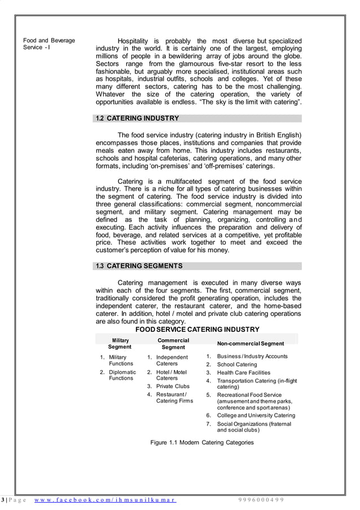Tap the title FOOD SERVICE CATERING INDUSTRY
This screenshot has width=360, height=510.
pos(197,329)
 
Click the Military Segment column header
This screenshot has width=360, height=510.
pos(120,344)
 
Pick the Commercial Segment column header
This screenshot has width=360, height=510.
pos(173,344)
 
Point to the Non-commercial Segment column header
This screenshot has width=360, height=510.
pos(251,343)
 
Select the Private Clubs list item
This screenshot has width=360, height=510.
pos(173,386)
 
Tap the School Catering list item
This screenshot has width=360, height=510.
pos(236,364)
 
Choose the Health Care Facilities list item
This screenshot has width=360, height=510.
pos(243,372)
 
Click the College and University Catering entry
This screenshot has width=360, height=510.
pos(256,415)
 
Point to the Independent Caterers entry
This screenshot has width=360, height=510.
pos(172,360)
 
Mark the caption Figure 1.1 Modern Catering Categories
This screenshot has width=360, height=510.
pos(202,442)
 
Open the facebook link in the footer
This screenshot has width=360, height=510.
pos(105,500)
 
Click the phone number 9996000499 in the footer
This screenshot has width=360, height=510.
pos(261,500)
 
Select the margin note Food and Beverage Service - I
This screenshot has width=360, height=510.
pos(49,44)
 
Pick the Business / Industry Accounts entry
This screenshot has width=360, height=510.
pos(252,356)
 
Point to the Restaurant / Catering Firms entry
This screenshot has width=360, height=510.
pos(174,397)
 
